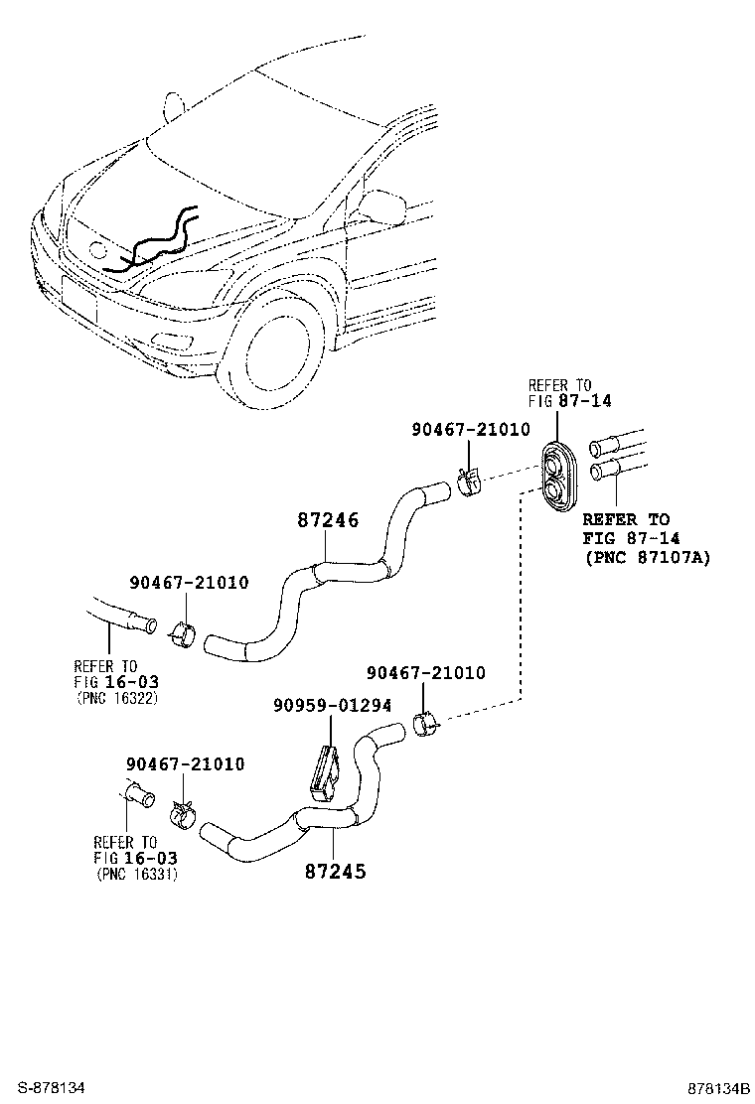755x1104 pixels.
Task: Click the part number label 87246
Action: point(328,520)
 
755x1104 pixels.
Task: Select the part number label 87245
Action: point(335,872)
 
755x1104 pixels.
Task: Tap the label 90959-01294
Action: point(332,705)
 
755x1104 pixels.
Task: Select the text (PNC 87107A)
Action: point(646,557)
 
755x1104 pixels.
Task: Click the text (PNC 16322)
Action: point(116,698)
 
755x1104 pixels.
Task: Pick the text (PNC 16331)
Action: point(138,874)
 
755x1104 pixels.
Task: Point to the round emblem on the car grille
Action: point(99,251)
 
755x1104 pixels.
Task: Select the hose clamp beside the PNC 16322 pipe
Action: point(184,632)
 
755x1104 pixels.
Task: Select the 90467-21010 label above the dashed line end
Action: point(426,673)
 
